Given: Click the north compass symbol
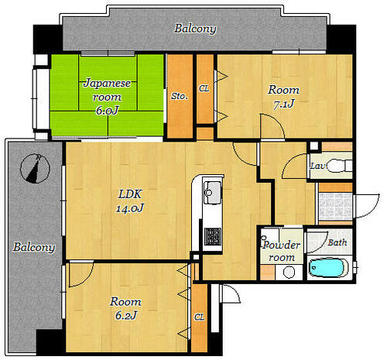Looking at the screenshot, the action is [x=35, y=168].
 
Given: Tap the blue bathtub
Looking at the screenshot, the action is [x=327, y=268].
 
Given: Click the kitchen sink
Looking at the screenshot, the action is [x=212, y=193].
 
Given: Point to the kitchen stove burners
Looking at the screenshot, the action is [x=213, y=237].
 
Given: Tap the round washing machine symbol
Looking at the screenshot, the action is [x=289, y=272].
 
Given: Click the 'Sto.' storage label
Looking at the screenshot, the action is [x=180, y=96].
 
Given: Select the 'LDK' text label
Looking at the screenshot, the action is [x=130, y=194].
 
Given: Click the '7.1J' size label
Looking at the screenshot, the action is [x=284, y=104].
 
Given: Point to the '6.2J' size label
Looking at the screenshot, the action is [x=126, y=315].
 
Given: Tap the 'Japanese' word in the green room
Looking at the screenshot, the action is [x=107, y=84].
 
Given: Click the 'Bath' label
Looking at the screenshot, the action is [x=337, y=242].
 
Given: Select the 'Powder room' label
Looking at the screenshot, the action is [x=281, y=251].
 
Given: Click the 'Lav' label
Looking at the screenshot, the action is [x=317, y=166].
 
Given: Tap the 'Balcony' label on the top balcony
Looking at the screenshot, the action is [x=195, y=29].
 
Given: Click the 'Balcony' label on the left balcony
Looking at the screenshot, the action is [x=34, y=247].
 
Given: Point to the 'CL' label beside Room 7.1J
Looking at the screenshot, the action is [x=204, y=88].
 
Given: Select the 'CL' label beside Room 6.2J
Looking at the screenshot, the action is [x=200, y=317].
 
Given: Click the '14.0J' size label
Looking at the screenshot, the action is [x=130, y=208].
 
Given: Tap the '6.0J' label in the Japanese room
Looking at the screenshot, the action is [x=107, y=111].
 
